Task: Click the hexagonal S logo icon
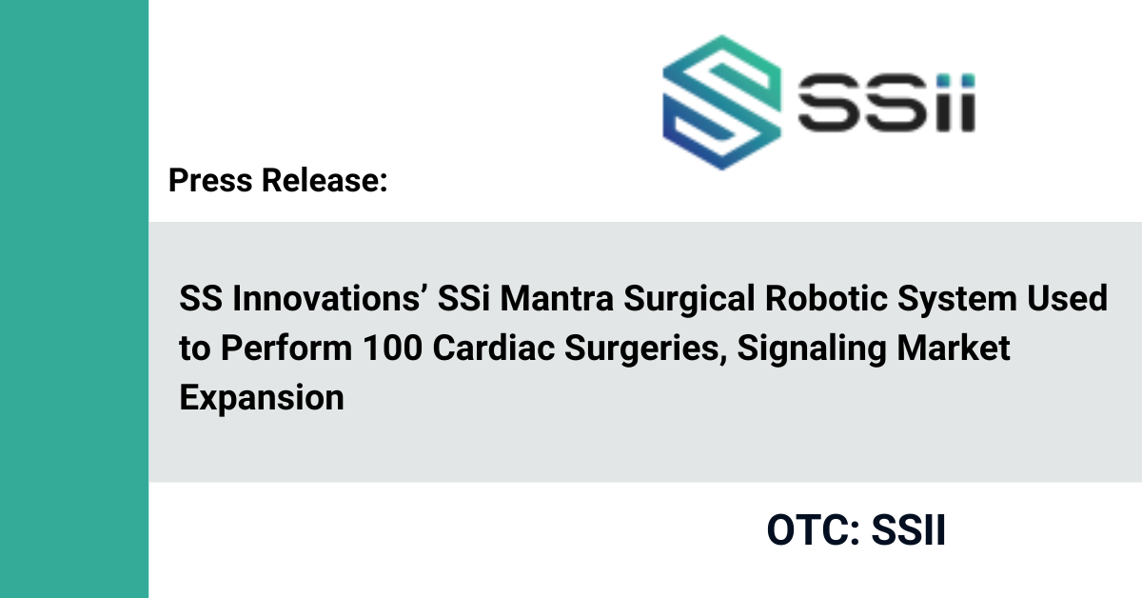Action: pyautogui.click(x=721, y=102)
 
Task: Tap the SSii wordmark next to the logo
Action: pyautogui.click(x=887, y=103)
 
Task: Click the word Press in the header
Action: pyautogui.click(x=210, y=180)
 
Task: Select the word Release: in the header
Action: pyautogui.click(x=325, y=180)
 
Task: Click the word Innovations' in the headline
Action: pyautogui.click(x=326, y=298)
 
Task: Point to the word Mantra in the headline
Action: pyautogui.click(x=557, y=298)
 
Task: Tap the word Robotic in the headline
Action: pyautogui.click(x=826, y=298)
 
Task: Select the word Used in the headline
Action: pyautogui.click(x=1067, y=298)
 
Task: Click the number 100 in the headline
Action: pyautogui.click(x=392, y=348)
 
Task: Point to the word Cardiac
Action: pyautogui.click(x=494, y=348)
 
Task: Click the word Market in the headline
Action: pyautogui.click(x=954, y=348)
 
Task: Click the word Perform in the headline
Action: pyautogui.click(x=286, y=348)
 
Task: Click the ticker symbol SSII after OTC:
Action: pyautogui.click(x=909, y=530)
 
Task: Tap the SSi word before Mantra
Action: pyautogui.click(x=464, y=298)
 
